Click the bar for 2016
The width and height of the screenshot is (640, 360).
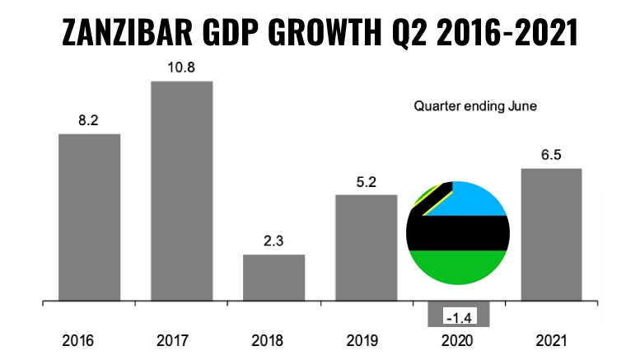point(90,217)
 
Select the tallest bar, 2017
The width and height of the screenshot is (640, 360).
point(182,191)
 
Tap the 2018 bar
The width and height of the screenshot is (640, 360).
point(274,278)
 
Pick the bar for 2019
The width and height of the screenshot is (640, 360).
point(367,248)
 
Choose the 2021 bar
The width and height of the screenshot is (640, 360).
point(551,235)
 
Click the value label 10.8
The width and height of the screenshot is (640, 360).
point(181,68)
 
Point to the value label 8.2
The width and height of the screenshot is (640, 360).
point(89,120)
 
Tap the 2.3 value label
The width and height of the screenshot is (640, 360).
point(273,241)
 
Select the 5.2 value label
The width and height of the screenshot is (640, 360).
point(366,182)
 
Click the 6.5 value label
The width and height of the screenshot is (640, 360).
point(551,155)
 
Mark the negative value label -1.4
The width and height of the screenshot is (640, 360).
point(460,317)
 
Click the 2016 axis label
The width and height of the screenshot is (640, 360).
point(77,340)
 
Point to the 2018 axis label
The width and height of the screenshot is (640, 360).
point(268,340)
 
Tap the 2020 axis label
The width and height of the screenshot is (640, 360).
point(457,340)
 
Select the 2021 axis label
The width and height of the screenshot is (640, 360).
point(551,340)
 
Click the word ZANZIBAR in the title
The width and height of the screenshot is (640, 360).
point(128,32)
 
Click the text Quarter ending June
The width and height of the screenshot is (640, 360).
point(475,106)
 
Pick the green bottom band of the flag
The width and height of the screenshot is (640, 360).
point(458,266)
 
